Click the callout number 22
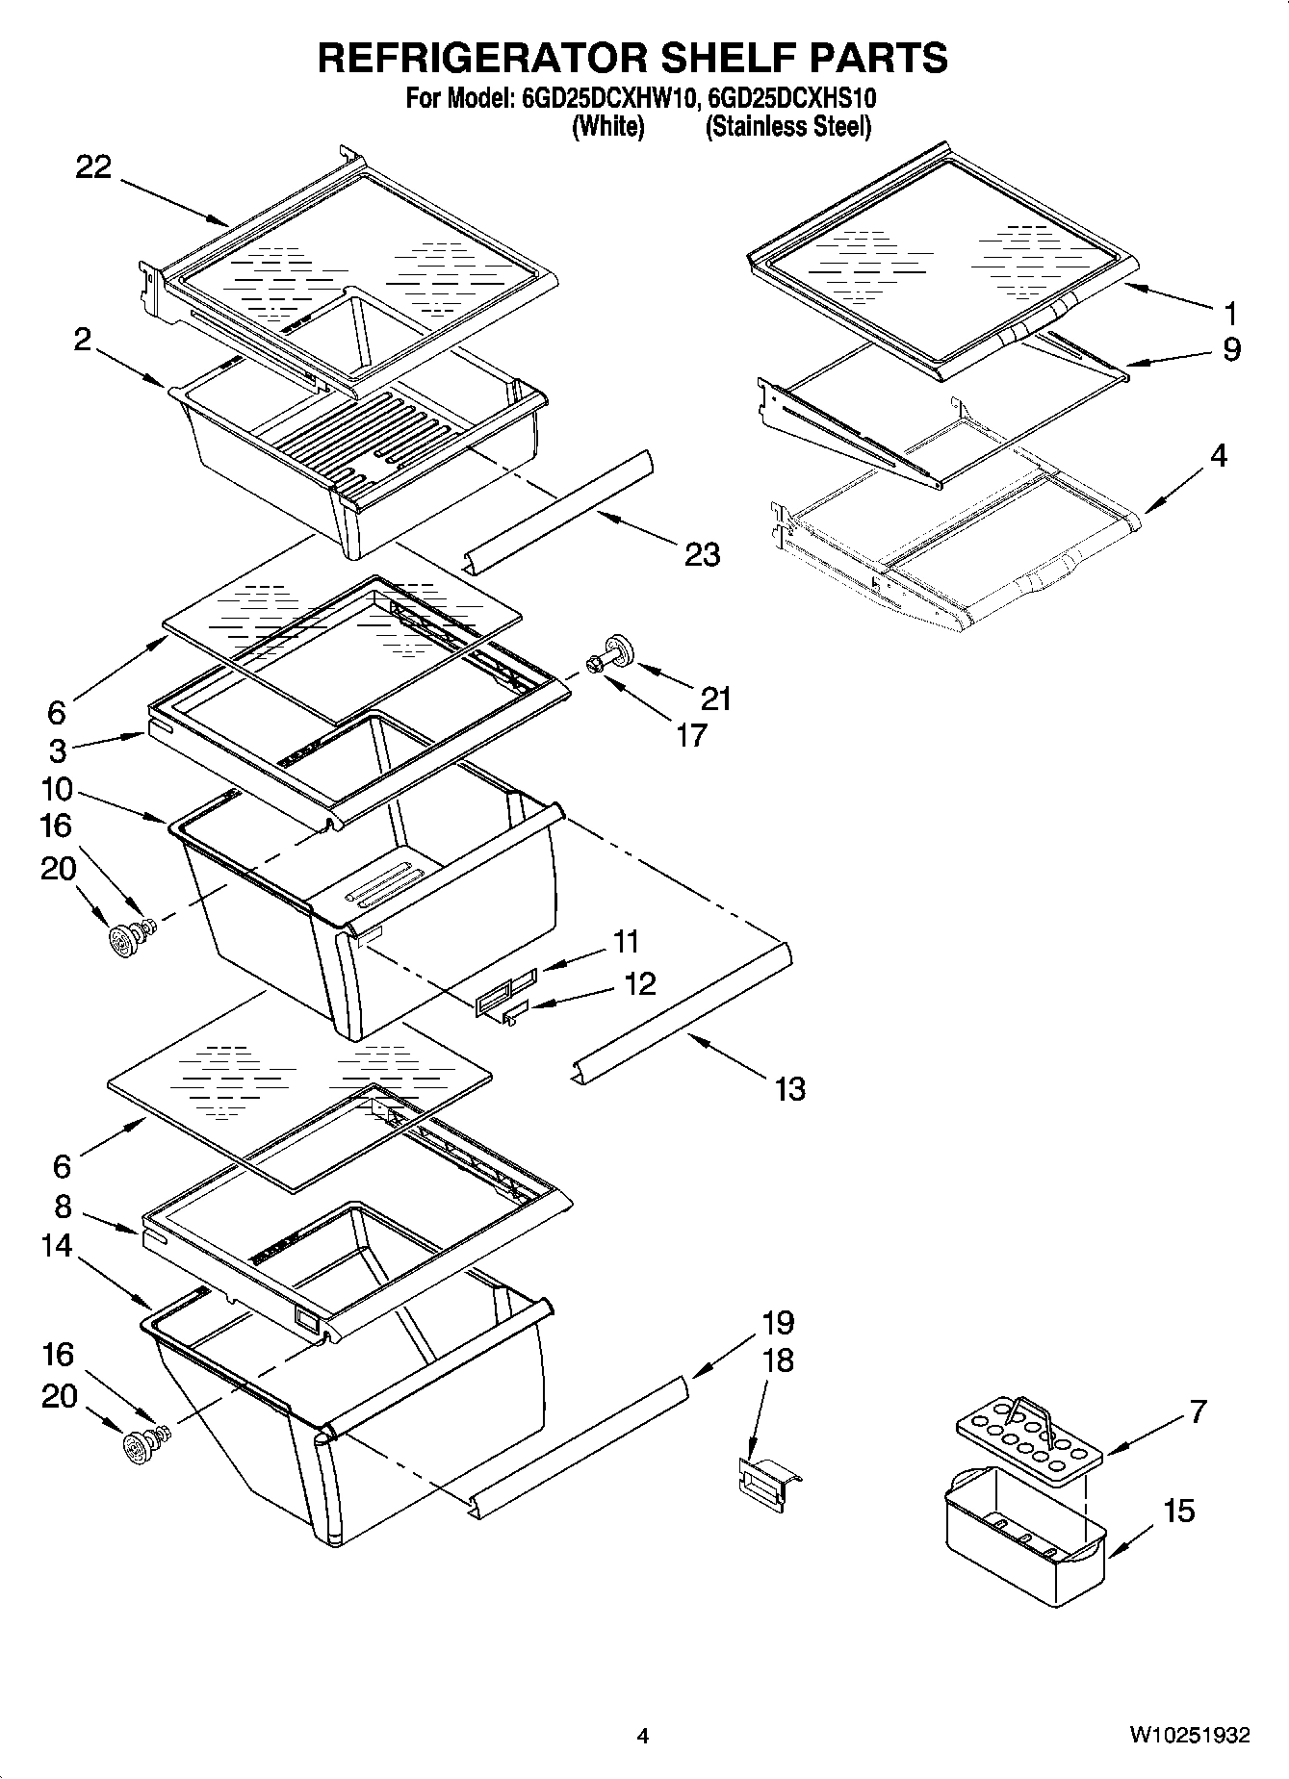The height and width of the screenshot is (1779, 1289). pos(94,167)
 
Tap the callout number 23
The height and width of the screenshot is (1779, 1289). pos(702,554)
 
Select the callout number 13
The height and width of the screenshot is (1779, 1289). pos(789,1089)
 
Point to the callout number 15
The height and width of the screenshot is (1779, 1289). pos(1178,1511)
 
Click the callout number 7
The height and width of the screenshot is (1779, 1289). pos(1198,1411)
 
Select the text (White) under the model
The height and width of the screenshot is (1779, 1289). pos(607,127)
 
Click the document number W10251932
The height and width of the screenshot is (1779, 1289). pos(1190,1736)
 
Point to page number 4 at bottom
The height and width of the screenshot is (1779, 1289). pos(643,1737)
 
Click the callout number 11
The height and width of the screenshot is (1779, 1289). pos(627,940)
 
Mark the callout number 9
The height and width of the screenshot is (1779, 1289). pos(1231,348)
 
